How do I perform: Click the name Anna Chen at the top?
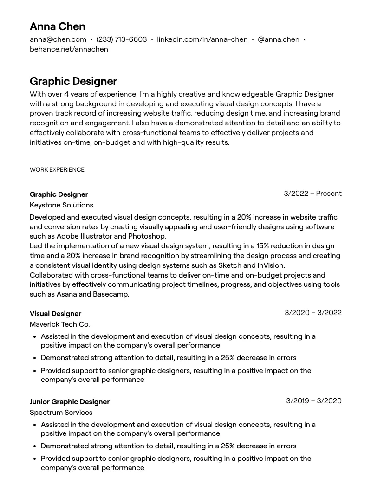click(57, 26)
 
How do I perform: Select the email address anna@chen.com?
click(58, 39)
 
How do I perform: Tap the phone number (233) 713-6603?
click(121, 39)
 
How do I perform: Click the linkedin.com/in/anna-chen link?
click(202, 39)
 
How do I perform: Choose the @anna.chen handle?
click(278, 39)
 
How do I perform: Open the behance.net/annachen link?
click(69, 49)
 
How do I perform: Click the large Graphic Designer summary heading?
click(73, 81)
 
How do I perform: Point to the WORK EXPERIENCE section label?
click(57, 170)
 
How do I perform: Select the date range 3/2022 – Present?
click(312, 194)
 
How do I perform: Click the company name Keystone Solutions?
click(61, 205)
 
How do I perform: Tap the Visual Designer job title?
click(55, 314)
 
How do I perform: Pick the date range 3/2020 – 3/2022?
click(313, 313)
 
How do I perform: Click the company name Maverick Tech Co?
click(59, 324)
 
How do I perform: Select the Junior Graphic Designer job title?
click(70, 402)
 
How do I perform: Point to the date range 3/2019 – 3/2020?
click(313, 401)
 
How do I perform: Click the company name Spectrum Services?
click(61, 413)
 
